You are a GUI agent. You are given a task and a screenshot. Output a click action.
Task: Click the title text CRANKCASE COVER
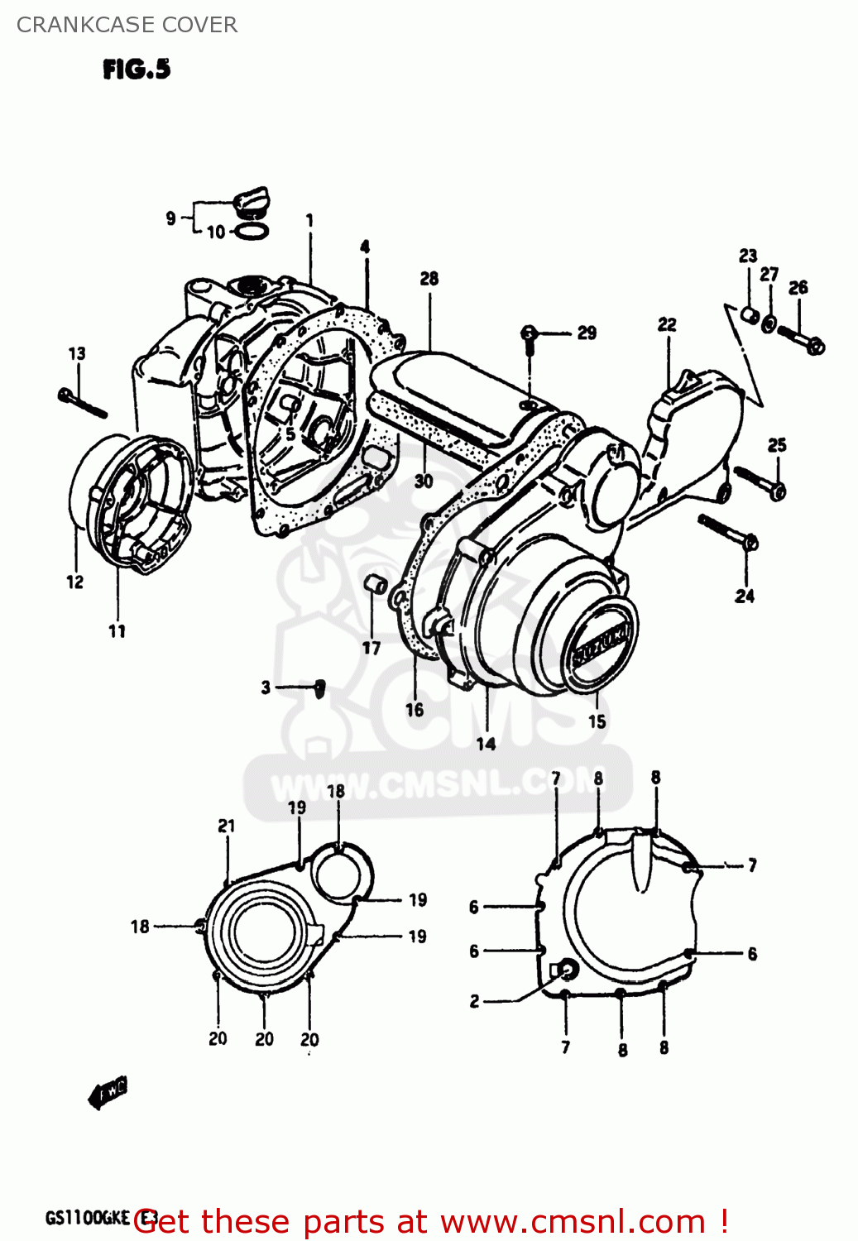127,25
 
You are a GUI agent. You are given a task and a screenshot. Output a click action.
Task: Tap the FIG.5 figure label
137,69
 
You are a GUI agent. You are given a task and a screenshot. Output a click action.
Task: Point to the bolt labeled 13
83,403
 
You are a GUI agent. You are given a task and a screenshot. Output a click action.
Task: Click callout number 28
429,279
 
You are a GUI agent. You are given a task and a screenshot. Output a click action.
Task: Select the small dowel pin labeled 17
376,584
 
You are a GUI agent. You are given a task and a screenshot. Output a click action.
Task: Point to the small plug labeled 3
320,688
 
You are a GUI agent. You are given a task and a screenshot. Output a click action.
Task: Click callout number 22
667,324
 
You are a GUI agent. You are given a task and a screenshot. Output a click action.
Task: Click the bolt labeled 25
760,482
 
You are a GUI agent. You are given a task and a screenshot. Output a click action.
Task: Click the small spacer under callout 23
749,315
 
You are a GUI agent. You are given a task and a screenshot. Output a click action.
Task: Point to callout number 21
226,826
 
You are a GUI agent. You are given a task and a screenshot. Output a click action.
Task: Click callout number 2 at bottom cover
474,1001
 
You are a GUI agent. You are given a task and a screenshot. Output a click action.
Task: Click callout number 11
117,631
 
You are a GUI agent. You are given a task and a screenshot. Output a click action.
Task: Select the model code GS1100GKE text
88,1218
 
